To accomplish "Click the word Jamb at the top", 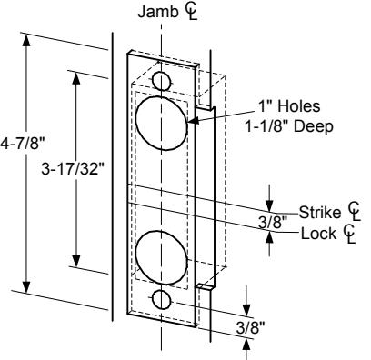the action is (158, 12).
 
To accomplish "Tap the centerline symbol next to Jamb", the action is (191, 13).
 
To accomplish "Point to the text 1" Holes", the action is (289, 106).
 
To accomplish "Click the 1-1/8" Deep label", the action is (289, 126).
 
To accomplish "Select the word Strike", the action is (320, 212).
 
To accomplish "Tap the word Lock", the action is (318, 234).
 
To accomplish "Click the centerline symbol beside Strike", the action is (354, 211).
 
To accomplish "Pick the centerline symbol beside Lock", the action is (349, 234).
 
